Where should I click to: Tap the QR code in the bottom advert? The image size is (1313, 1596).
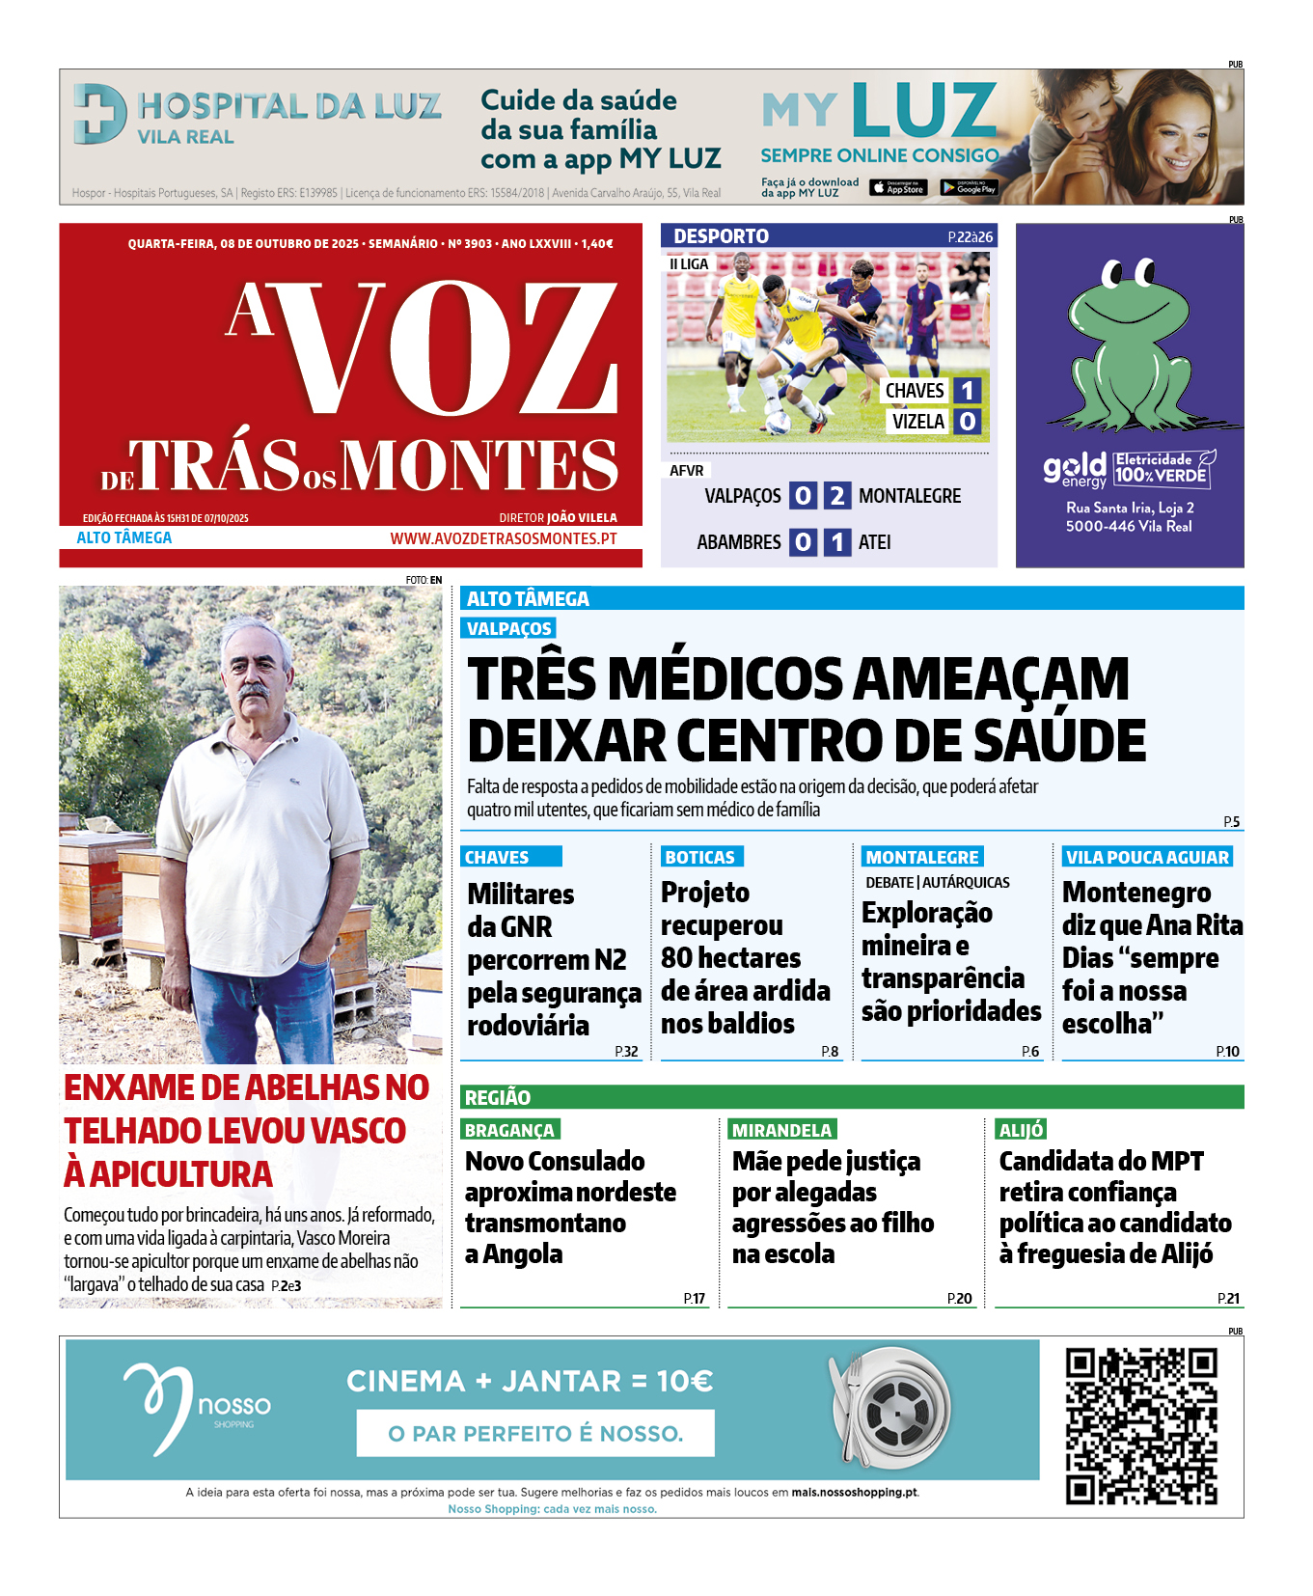1141,1426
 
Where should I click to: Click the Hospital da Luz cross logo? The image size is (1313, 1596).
100,114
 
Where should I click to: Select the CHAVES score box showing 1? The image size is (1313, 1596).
967,391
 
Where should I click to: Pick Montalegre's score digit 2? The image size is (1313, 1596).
836,496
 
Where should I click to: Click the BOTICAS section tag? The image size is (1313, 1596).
700,857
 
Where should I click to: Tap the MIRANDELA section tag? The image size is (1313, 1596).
781,1130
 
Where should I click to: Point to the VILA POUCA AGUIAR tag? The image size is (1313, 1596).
1147,857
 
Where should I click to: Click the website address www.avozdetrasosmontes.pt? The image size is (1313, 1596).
503,538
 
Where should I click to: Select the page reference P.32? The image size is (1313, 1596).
626,1052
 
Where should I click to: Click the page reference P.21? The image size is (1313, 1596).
1228,1299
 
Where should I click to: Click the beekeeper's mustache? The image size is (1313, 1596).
254,693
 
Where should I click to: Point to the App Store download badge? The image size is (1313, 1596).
898,188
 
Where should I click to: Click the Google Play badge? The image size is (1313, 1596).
969,188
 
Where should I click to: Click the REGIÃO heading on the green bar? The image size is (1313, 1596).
498,1097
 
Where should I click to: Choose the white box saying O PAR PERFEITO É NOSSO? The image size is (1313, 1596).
535,1433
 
